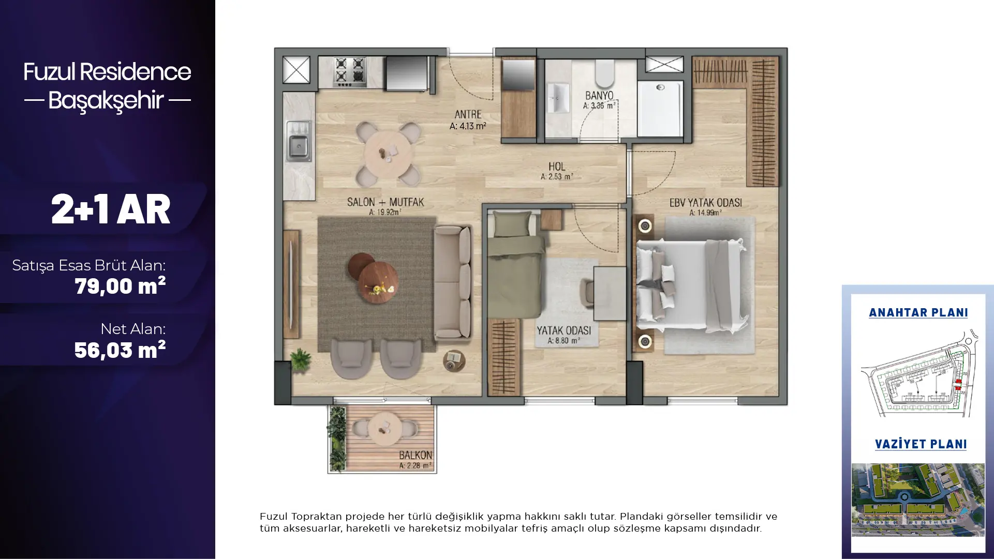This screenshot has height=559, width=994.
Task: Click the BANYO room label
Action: (x=599, y=95)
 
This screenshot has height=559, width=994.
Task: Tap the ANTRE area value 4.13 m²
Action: (x=468, y=126)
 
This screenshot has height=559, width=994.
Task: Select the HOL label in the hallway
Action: (x=557, y=167)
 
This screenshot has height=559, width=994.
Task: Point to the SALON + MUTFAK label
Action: (x=385, y=202)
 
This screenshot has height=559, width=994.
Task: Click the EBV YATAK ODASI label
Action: (x=706, y=203)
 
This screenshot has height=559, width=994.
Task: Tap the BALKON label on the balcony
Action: (x=416, y=455)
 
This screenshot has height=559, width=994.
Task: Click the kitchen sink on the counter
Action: (x=299, y=140)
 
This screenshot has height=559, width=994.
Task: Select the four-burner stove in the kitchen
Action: (x=350, y=71)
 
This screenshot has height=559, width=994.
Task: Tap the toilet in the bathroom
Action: (x=604, y=73)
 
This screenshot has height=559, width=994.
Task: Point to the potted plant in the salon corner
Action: (x=300, y=359)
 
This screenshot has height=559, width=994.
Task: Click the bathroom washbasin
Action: (x=558, y=97)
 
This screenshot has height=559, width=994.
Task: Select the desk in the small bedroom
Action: (x=610, y=293)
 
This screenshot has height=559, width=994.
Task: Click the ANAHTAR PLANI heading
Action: (x=918, y=312)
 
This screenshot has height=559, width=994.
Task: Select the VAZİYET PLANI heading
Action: (x=921, y=444)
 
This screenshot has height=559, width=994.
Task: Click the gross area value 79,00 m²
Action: (x=120, y=286)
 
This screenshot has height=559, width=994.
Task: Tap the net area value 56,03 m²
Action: (x=120, y=350)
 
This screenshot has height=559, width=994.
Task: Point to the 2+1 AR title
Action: (x=111, y=209)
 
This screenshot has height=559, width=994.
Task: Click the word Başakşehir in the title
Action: (x=107, y=100)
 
